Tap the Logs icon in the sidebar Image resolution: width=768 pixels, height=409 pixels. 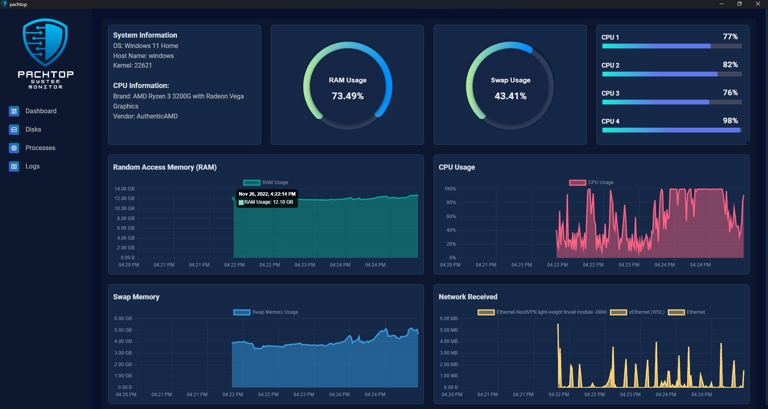(x=14, y=166)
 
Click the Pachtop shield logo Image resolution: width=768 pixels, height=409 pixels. (x=45, y=42)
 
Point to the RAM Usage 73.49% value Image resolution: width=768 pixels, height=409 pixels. (x=348, y=96)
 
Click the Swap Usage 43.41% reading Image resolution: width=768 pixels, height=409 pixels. (x=510, y=96)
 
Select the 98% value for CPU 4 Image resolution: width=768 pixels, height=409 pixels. (x=730, y=120)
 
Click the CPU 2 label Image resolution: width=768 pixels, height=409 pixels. (x=610, y=65)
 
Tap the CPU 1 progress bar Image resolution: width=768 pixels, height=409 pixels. (x=672, y=46)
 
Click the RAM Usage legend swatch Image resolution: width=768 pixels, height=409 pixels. (x=252, y=182)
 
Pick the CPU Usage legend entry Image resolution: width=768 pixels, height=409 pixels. (x=591, y=182)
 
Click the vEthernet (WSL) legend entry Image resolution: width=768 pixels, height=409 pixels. (x=637, y=312)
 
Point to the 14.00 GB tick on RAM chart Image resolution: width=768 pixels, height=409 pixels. (x=124, y=189)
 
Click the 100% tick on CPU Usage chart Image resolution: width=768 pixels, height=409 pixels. (x=450, y=189)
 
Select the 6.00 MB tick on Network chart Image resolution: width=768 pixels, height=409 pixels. (x=449, y=319)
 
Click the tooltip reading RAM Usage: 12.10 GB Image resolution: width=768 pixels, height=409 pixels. (x=268, y=202)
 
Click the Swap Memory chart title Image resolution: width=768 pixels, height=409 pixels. (x=136, y=297)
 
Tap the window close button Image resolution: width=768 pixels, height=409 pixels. (x=758, y=4)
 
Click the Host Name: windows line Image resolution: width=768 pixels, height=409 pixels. (x=143, y=56)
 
